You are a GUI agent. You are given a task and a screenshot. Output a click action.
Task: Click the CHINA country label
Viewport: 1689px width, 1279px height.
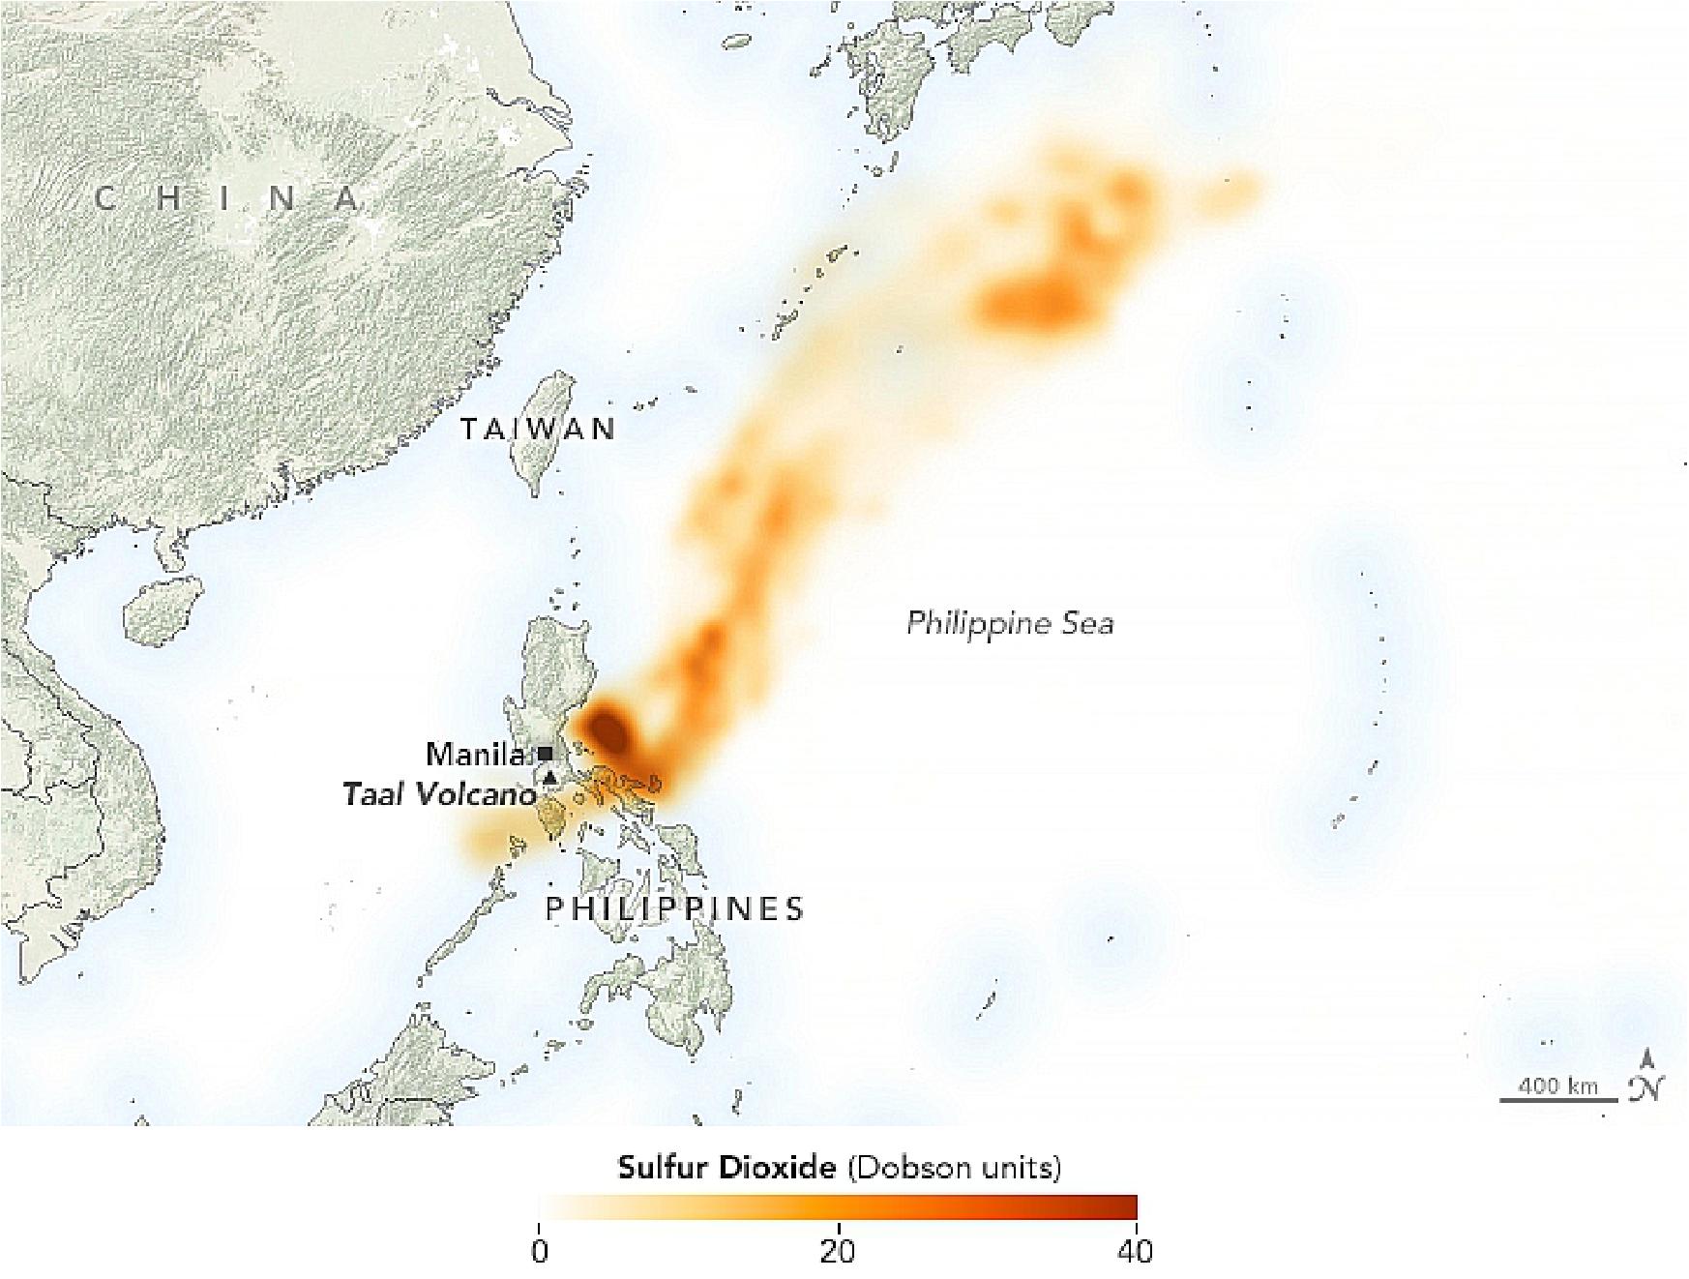pyautogui.click(x=228, y=199)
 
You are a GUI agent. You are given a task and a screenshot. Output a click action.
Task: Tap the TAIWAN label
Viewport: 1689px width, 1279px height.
pyautogui.click(x=538, y=429)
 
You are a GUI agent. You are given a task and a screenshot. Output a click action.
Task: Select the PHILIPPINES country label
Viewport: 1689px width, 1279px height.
pyautogui.click(x=674, y=908)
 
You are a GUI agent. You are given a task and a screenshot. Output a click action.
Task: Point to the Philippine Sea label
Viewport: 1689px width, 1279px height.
pyautogui.click(x=1009, y=623)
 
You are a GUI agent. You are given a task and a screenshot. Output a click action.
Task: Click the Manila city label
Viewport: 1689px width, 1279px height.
pyautogui.click(x=475, y=755)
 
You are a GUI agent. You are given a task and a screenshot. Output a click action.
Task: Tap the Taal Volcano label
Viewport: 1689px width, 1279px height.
pyautogui.click(x=438, y=795)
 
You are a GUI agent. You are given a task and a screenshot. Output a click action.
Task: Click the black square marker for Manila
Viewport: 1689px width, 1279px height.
pyautogui.click(x=546, y=753)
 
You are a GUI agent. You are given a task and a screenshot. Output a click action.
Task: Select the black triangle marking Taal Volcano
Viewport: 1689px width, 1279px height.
pyautogui.click(x=549, y=777)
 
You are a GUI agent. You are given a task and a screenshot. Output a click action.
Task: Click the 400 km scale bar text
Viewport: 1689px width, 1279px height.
pyautogui.click(x=1557, y=1086)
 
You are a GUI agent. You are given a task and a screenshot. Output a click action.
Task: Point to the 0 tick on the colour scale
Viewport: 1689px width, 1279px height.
pyautogui.click(x=540, y=1252)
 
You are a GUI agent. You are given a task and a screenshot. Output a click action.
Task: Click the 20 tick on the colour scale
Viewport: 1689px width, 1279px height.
pyautogui.click(x=838, y=1252)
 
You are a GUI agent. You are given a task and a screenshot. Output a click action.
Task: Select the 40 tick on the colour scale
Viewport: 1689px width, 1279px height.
pyautogui.click(x=1136, y=1252)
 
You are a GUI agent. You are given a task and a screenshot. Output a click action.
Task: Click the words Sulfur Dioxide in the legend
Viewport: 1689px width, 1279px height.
pyautogui.click(x=726, y=1168)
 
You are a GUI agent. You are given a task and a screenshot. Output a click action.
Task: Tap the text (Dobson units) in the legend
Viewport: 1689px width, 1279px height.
pyautogui.click(x=954, y=1168)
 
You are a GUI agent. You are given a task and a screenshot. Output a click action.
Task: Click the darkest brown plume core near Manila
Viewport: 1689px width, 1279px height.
pyautogui.click(x=609, y=728)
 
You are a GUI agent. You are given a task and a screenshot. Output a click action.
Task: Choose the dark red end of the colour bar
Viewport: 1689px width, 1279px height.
pyautogui.click(x=1127, y=1207)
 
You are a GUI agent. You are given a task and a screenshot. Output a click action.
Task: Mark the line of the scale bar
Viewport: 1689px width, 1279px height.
pyautogui.click(x=1558, y=1100)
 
